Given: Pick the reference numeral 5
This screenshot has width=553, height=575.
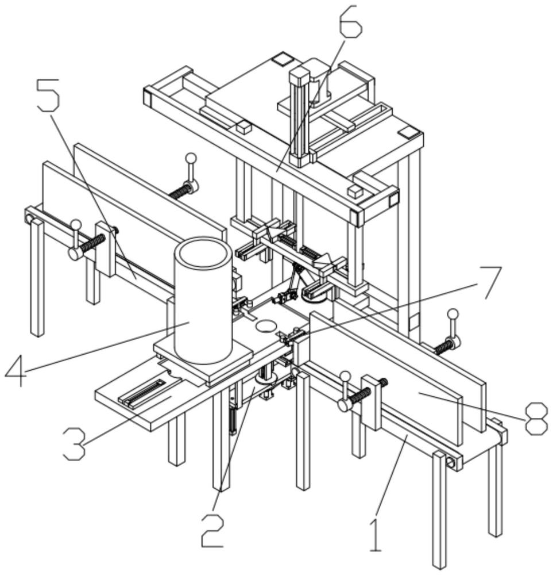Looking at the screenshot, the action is (48, 95).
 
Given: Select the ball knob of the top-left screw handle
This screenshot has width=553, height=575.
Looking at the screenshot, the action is (191, 159).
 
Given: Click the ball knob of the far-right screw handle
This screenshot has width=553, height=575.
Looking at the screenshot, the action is (454, 314).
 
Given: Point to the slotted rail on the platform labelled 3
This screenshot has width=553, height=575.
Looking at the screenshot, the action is (143, 393).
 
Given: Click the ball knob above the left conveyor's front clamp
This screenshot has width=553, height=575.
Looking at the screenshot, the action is (76, 224).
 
